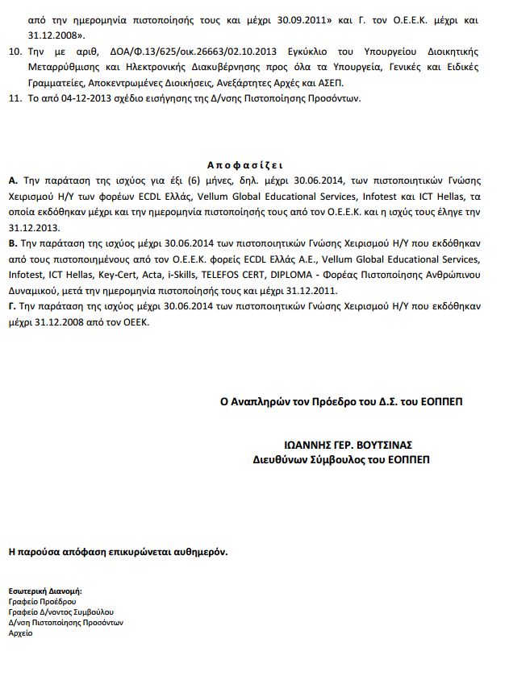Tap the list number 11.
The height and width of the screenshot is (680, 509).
[x=13, y=99]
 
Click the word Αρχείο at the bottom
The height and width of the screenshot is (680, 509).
[x=20, y=634]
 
